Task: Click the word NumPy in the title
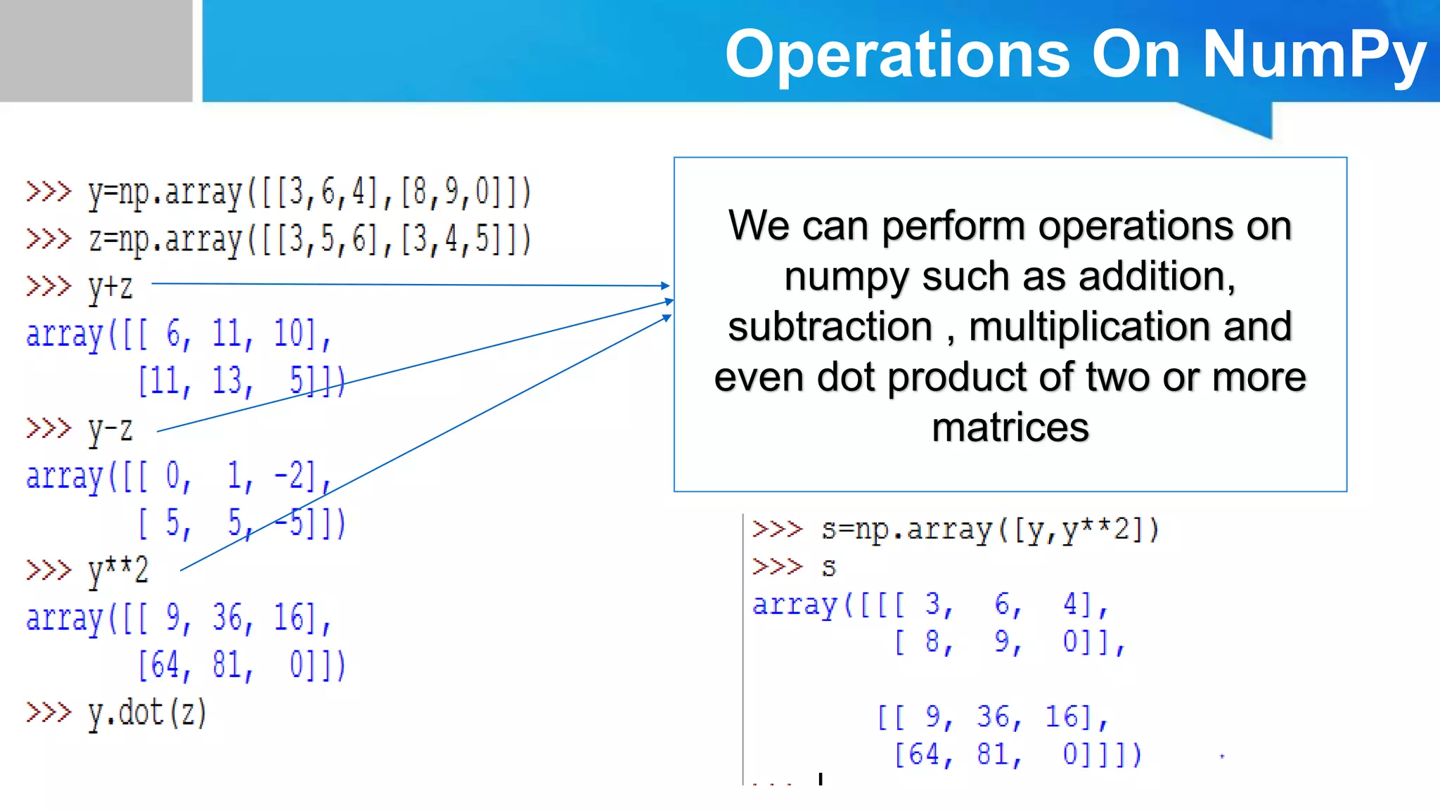click(x=1313, y=55)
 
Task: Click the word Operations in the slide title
click(x=897, y=55)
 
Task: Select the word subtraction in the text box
click(x=830, y=327)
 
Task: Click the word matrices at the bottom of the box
click(x=1010, y=427)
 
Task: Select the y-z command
click(x=110, y=430)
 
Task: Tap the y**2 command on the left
click(x=118, y=571)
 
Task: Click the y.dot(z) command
click(x=147, y=713)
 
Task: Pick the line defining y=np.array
click(x=309, y=192)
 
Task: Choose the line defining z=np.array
click(x=309, y=239)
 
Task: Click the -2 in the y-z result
click(x=288, y=476)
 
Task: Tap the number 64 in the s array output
click(x=924, y=754)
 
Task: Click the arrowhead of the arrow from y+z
click(x=666, y=285)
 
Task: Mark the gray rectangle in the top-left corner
click(x=96, y=51)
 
